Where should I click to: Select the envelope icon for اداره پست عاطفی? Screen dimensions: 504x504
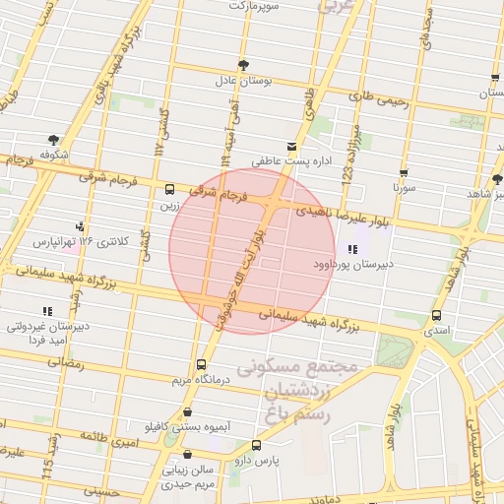click(290, 147)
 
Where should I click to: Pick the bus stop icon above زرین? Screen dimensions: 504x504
click(170, 189)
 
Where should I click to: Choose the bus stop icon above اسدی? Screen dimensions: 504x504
click(436, 315)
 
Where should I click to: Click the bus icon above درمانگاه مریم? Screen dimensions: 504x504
click(203, 363)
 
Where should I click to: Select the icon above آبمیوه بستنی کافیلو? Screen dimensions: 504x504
click(187, 413)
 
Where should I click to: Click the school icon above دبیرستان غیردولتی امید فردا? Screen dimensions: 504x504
click(46, 311)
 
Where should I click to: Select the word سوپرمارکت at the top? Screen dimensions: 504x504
click(255, 6)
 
